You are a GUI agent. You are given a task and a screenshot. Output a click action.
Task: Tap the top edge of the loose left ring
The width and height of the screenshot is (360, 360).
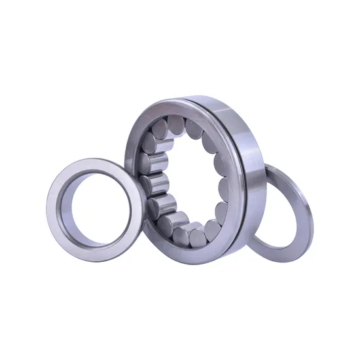(92, 156)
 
